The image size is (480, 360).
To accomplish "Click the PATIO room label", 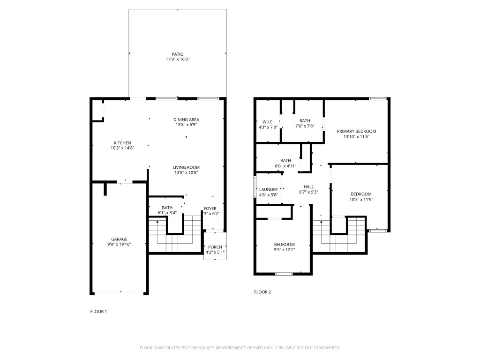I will tap(177, 54).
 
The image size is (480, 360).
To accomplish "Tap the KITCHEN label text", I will tap(122, 143).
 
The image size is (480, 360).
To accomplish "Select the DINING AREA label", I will tap(187, 120).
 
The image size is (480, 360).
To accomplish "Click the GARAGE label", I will tap(119, 239).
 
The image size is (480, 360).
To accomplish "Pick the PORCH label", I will tap(215, 247).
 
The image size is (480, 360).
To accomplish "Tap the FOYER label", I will tap(210, 208).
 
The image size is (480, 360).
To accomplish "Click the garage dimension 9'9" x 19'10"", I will tap(119, 244).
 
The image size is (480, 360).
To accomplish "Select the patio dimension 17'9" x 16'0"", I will tap(177, 59).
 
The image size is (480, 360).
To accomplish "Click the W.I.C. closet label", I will tap(268, 122).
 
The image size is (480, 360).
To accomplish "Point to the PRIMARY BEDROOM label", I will tap(356, 131).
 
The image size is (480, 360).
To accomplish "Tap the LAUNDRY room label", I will tap(269, 189).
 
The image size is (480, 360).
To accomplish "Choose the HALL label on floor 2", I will tap(308, 187).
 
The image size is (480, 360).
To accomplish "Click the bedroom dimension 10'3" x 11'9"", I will tap(361, 199).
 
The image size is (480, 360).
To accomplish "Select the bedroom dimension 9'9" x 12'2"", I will tap(285, 249).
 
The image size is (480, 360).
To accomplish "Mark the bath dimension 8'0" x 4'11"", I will tap(285, 165).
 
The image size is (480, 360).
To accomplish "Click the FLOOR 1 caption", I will tap(98, 311).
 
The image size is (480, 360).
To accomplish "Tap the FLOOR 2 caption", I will tap(262, 292).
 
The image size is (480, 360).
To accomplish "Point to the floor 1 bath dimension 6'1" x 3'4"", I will tap(167, 213).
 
